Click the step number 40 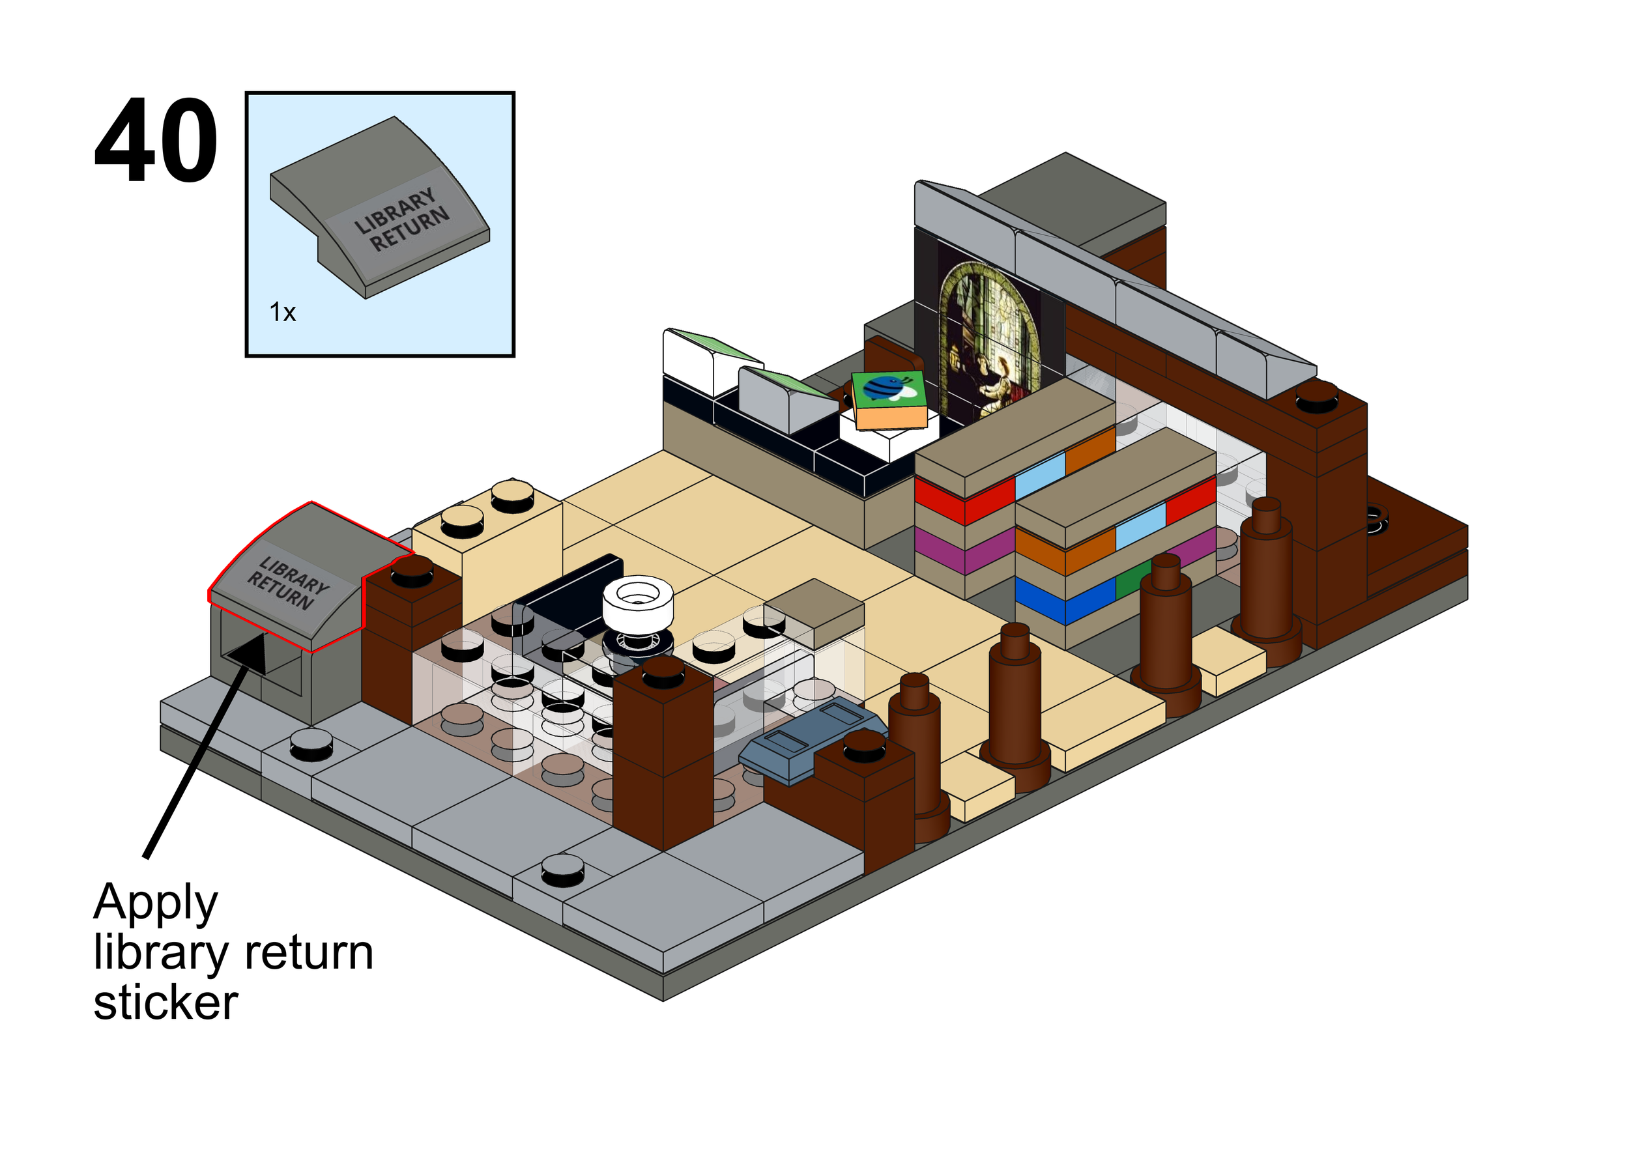click(x=156, y=141)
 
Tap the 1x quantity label click(x=282, y=313)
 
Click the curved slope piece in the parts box click(x=380, y=206)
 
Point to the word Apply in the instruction click(x=156, y=903)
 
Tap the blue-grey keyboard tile click(x=809, y=742)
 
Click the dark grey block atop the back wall click(x=1073, y=195)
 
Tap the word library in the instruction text click(x=149, y=953)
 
